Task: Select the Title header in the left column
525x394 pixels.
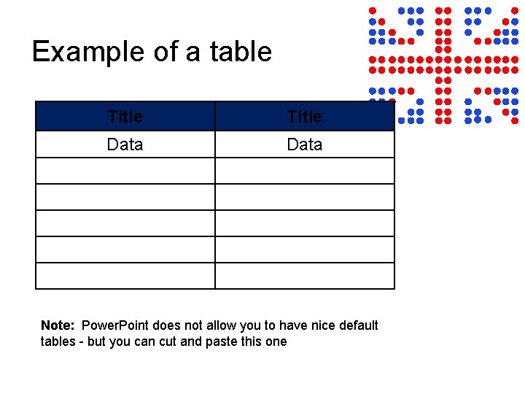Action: (125, 116)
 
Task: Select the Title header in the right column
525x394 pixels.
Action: (304, 116)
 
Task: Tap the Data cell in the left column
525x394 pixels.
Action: (125, 144)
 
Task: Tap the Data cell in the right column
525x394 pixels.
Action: (304, 144)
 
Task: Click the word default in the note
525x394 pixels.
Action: (357, 325)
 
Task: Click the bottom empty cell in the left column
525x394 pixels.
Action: (125, 276)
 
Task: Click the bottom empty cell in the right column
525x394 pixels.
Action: (304, 276)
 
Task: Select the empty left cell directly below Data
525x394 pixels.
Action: (125, 171)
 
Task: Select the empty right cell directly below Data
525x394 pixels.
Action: (304, 171)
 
